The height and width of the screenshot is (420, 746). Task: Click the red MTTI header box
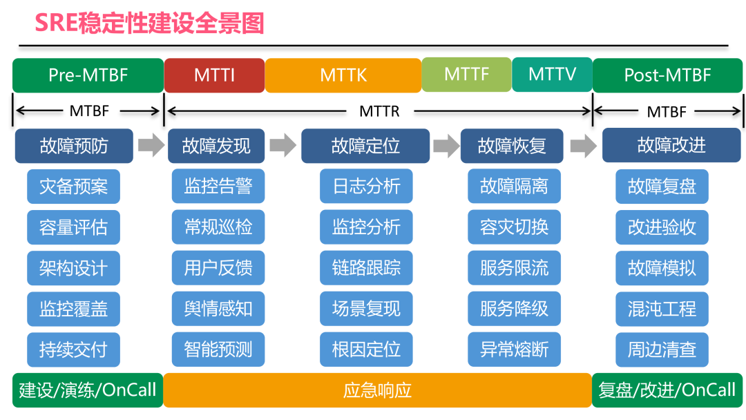214,75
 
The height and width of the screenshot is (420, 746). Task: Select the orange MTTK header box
343,75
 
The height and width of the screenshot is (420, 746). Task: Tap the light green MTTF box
466,74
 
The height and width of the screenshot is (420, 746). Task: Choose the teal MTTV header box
552,74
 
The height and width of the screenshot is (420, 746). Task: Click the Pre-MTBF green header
88,75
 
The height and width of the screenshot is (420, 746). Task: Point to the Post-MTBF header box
667,75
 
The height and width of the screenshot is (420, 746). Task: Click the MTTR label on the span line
379,111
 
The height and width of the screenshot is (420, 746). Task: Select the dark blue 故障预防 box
74,146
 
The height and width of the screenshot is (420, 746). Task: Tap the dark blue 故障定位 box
365,146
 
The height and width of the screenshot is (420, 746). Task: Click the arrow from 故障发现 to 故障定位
283,146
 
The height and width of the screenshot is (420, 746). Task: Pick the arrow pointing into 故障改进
584,146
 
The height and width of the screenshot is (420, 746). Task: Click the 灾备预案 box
73,187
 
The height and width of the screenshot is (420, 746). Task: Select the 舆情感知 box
218,309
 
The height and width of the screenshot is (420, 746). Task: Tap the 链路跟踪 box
366,268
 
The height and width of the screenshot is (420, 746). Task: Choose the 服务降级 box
514,309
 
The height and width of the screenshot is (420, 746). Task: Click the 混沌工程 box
662,309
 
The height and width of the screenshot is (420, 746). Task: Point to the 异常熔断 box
514,350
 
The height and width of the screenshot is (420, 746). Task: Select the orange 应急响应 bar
377,390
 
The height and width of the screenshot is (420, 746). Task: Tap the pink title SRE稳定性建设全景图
150,23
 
